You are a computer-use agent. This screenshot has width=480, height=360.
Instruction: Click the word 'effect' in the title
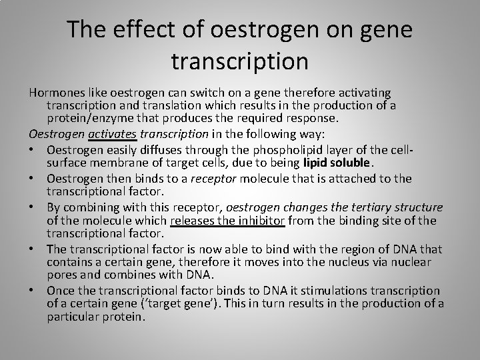(152, 31)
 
